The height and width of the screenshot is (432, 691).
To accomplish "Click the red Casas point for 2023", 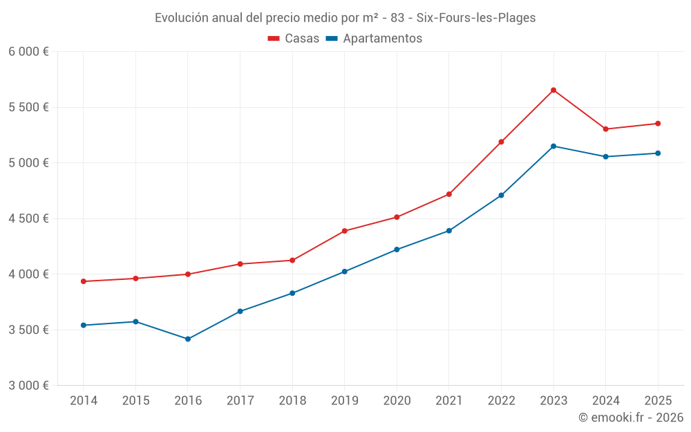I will [x=553, y=90].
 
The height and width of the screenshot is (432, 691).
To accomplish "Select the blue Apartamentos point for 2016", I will [x=188, y=339].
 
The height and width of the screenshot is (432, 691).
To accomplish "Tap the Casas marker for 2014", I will [x=84, y=281].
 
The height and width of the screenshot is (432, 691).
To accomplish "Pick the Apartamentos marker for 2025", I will [x=658, y=153].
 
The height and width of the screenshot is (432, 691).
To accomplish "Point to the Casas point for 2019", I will [x=345, y=231].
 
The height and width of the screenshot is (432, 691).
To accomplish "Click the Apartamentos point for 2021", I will [x=449, y=231].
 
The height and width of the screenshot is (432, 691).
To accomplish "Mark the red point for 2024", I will [x=606, y=129].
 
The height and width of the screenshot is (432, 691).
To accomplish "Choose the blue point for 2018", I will [x=292, y=293].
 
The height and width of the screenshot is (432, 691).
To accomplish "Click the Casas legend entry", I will [x=294, y=39].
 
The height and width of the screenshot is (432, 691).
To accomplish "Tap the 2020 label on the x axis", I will [x=397, y=401].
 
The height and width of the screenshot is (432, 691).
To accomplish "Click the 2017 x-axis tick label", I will [x=240, y=401].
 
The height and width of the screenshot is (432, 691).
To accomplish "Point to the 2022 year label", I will [x=501, y=401].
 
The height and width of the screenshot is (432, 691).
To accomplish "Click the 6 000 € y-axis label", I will [x=28, y=52].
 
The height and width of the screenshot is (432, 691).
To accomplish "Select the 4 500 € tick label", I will [x=28, y=218].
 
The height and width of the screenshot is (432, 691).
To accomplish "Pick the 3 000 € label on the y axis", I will [x=28, y=386].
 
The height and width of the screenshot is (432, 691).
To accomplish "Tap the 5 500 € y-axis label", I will [x=28, y=107].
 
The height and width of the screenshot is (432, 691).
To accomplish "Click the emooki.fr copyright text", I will [x=631, y=417].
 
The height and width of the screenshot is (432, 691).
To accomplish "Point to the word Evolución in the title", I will [x=180, y=18].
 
